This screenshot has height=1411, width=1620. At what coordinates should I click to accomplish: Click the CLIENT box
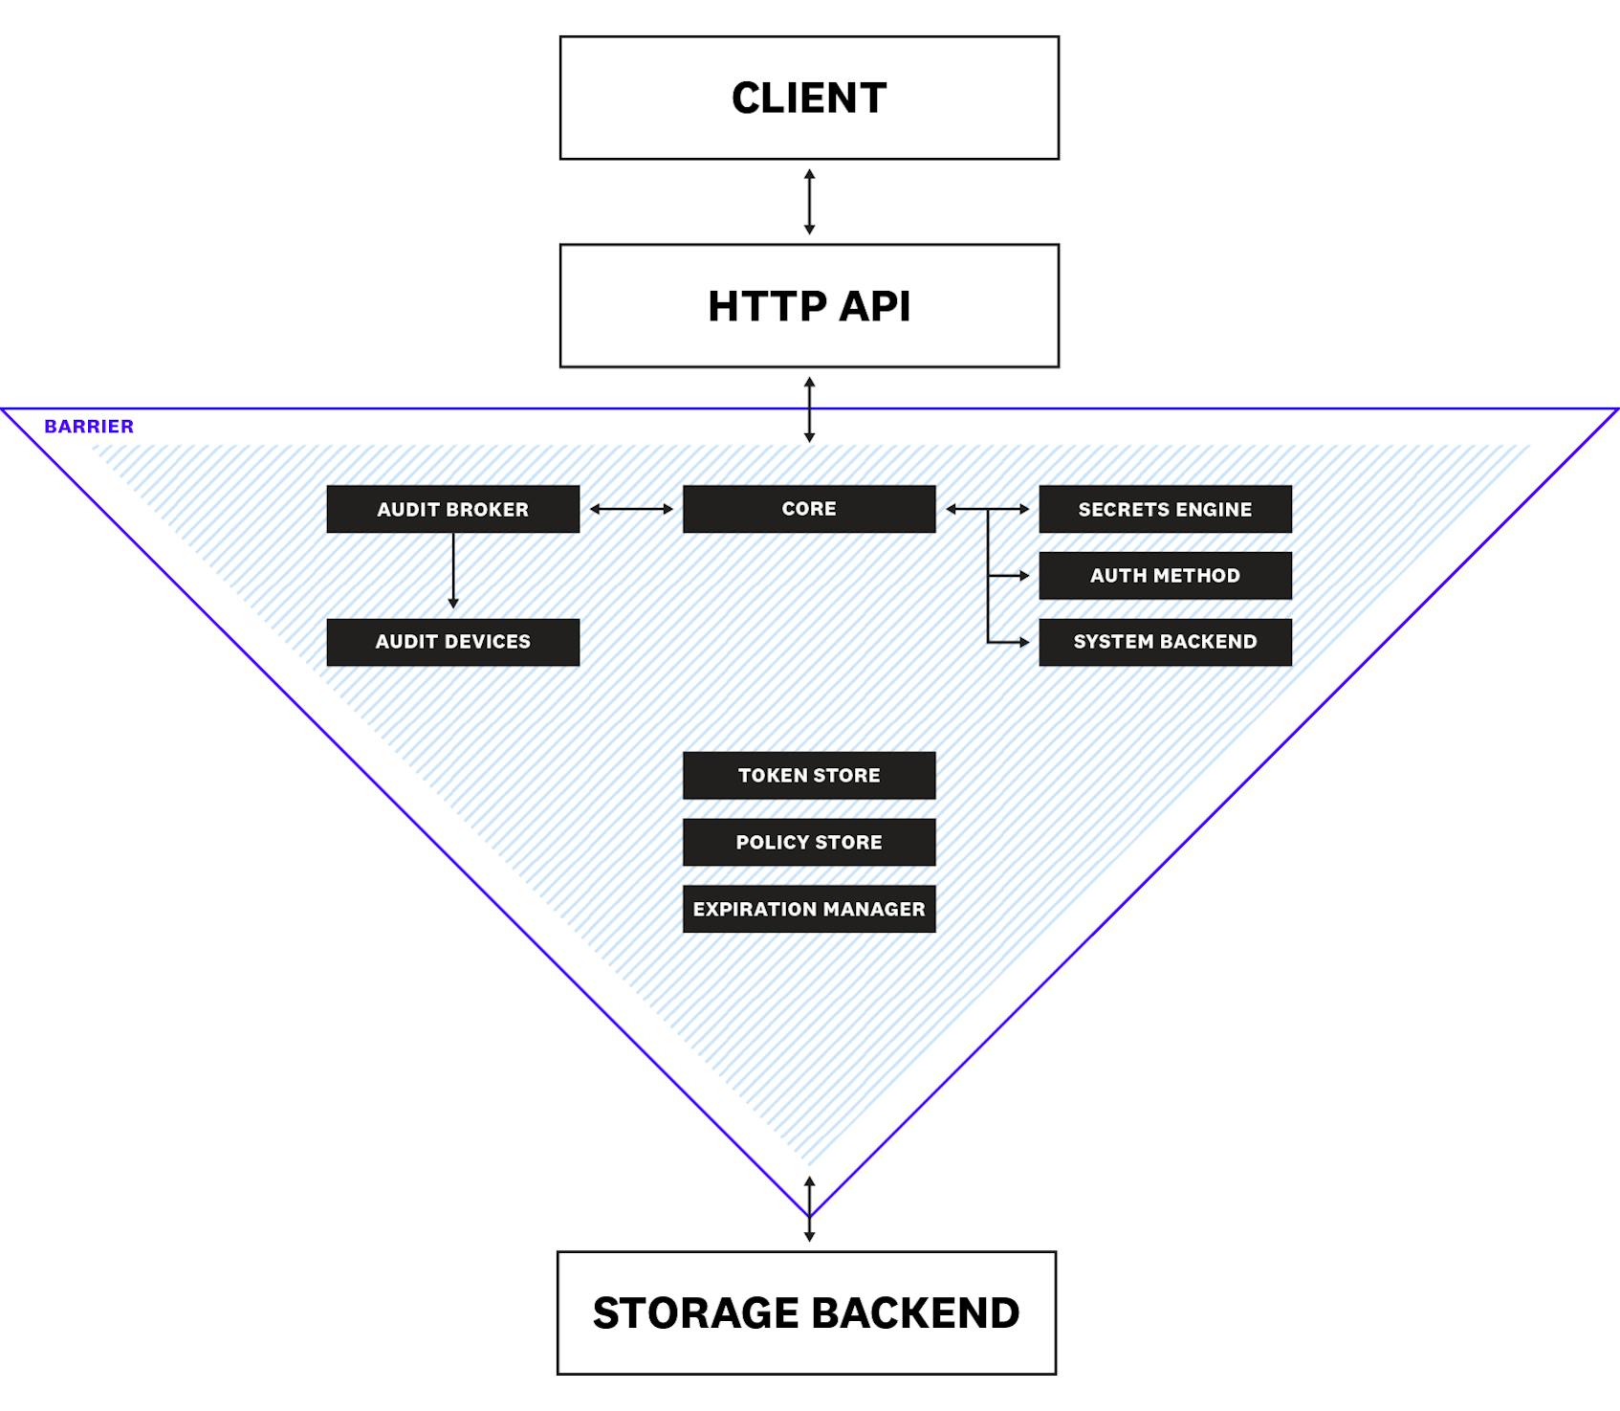[809, 98]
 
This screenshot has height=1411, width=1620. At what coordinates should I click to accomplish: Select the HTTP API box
[809, 305]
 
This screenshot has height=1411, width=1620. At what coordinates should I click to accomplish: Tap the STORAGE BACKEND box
[806, 1312]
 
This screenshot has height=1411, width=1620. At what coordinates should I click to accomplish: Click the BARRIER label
[89, 427]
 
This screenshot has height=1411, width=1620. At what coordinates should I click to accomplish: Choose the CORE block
[809, 509]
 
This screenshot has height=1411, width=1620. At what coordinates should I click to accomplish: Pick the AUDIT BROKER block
[452, 509]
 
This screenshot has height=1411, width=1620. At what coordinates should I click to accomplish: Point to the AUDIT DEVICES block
[452, 642]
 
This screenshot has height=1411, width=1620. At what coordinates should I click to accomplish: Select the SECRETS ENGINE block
[1165, 509]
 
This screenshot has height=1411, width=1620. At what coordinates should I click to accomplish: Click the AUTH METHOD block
[1165, 576]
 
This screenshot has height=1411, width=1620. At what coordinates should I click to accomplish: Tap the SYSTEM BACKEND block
[1165, 642]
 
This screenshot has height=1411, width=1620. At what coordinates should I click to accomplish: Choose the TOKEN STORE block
[809, 775]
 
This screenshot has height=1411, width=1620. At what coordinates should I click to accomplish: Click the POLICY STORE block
[809, 842]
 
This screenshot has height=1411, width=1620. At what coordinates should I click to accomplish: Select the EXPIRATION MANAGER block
[809, 909]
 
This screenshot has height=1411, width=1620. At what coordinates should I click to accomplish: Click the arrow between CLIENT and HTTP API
[809, 202]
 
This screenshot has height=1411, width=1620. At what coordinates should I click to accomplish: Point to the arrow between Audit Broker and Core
[631, 509]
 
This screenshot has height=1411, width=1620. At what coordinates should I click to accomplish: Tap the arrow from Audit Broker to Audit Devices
[453, 570]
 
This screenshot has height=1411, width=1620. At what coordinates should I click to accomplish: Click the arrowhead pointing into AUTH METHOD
[1023, 576]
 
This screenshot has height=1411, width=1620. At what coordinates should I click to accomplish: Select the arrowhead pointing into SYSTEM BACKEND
[1023, 642]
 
